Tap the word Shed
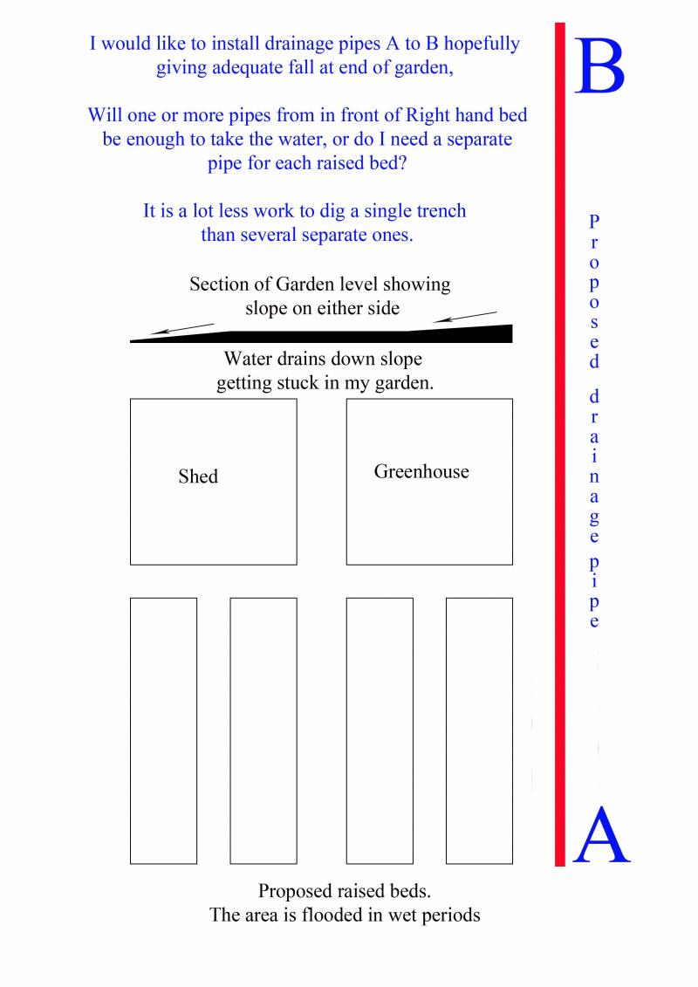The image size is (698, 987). pos(198,476)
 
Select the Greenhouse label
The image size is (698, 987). pos(421,472)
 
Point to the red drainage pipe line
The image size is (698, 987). pos(560,436)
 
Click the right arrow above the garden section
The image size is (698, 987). pos(464,316)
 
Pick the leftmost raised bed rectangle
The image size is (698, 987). pos(163,730)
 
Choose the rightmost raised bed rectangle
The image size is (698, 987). pos(479,730)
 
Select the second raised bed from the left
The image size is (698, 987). pos(263,730)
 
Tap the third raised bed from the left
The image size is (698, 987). pos(380,730)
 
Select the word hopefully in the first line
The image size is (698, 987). pos(478,44)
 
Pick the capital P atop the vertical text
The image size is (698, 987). pos(593,221)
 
